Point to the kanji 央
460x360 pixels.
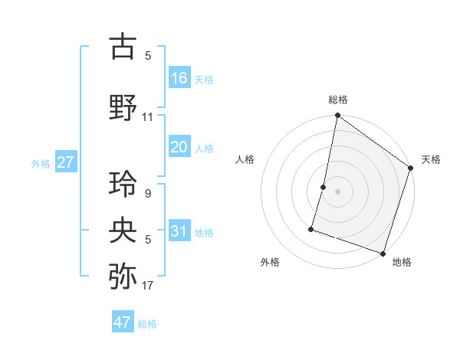point(123,230)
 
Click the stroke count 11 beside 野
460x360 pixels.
point(148,117)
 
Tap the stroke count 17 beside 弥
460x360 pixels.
point(148,286)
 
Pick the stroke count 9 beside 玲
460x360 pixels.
point(147,194)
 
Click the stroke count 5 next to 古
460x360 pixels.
point(147,56)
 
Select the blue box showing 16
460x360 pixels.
point(179,77)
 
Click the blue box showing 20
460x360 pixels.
point(179,146)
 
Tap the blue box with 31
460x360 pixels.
point(179,231)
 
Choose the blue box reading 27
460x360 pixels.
point(66,162)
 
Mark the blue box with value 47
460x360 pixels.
point(123,322)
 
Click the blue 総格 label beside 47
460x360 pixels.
point(147,324)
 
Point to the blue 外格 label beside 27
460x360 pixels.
point(41,164)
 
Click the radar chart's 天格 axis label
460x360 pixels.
point(431,159)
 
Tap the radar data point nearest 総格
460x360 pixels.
point(337,116)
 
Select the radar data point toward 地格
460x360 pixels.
point(383,252)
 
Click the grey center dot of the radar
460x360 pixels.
point(337,191)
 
